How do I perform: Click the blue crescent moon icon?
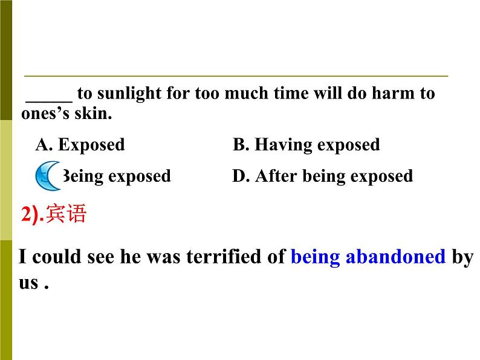click(x=48, y=175)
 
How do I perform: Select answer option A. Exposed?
click(x=80, y=145)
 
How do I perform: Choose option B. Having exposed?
click(x=306, y=145)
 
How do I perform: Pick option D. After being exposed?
click(x=322, y=176)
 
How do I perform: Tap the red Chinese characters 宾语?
click(x=66, y=214)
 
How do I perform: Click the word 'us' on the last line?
click(x=28, y=282)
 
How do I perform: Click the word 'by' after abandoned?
click(x=462, y=257)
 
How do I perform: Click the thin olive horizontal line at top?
click(x=236, y=76)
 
